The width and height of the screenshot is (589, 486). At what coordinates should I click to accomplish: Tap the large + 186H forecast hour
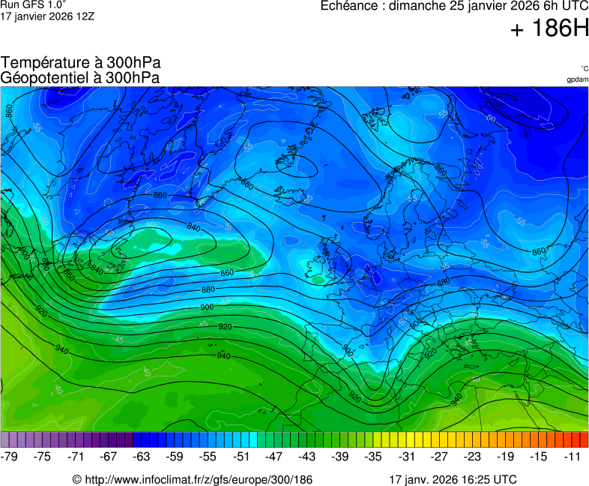549,30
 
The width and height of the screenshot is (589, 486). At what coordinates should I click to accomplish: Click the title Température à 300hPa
81,63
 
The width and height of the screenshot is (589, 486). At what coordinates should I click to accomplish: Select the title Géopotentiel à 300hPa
80,77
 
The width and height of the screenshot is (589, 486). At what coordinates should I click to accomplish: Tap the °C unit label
584,68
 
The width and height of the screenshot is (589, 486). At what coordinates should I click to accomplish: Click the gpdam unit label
577,79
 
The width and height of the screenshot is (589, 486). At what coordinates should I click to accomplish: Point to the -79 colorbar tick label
10,456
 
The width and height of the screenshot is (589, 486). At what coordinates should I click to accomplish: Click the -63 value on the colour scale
141,456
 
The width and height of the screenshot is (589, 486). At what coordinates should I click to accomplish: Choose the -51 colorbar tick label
241,456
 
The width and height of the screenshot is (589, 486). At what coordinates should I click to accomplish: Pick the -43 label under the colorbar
306,456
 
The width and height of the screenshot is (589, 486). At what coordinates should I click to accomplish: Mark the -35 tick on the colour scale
373,456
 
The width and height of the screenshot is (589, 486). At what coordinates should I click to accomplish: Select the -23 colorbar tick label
473,456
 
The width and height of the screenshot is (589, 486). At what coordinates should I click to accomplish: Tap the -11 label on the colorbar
573,456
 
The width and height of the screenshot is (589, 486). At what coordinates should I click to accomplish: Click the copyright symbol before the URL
76,479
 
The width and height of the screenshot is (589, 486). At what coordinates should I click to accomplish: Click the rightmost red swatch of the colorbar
584,439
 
